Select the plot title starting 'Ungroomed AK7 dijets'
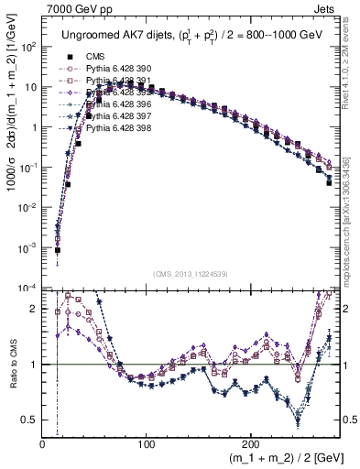tap(190, 36)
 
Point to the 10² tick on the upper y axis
tap(28, 47)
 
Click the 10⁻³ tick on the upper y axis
tap(28, 248)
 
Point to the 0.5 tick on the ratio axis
tap(31, 420)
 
